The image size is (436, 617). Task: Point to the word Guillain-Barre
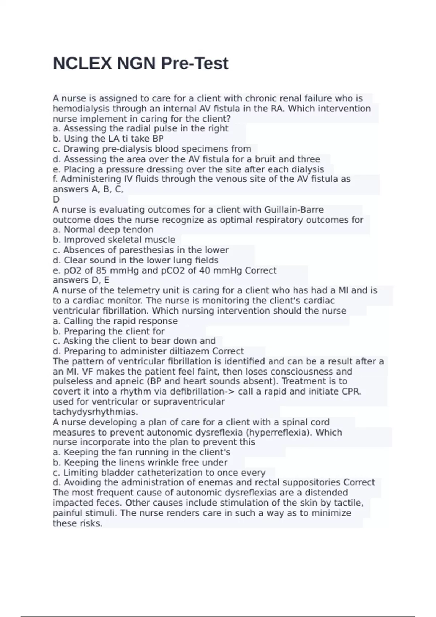294,210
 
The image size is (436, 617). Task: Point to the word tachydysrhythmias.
96,412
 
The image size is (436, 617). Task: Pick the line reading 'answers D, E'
81,280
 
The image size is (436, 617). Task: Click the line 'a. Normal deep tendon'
103,230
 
